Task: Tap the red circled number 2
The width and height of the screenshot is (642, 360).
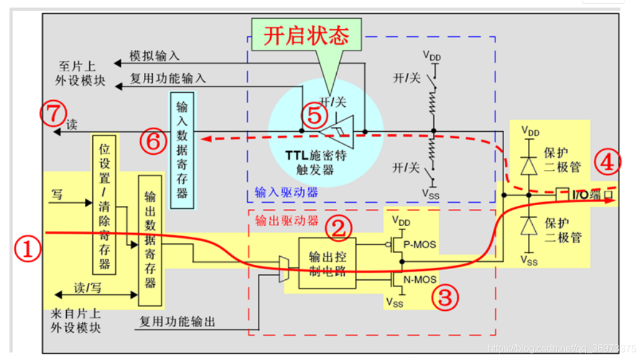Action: point(339,228)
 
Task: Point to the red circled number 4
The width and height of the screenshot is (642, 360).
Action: point(607,161)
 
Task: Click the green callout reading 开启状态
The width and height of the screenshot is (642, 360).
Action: point(306,36)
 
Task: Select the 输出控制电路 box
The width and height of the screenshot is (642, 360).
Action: point(326,263)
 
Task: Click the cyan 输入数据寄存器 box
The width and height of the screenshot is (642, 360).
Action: point(182,151)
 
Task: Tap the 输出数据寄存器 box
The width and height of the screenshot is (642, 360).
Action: point(150,240)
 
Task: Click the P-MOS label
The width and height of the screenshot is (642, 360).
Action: point(421,245)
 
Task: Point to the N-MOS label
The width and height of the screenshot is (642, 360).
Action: point(421,280)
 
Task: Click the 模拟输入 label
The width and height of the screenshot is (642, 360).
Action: point(155,56)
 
